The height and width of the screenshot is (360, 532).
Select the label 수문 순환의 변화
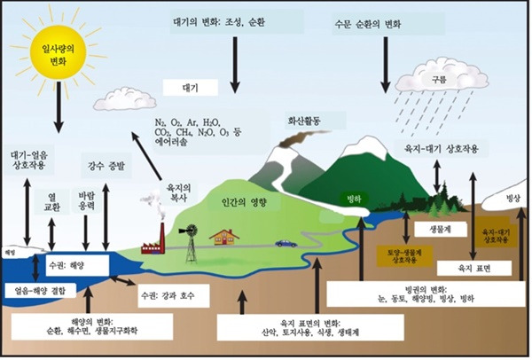pos(386,23)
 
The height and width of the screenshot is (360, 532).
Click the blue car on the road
pos(286,242)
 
